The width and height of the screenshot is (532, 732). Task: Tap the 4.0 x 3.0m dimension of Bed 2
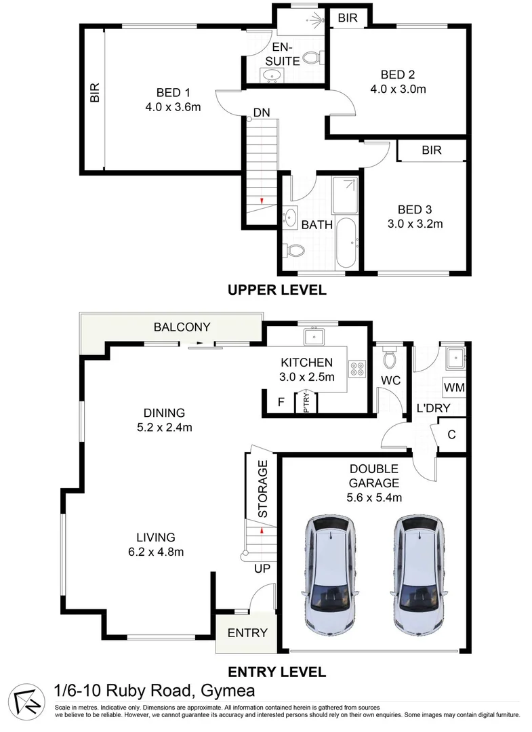tap(398, 89)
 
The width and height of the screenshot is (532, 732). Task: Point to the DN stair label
tap(263, 112)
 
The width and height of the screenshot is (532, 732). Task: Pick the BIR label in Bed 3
tap(432, 150)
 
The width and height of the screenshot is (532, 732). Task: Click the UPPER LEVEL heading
tap(277, 290)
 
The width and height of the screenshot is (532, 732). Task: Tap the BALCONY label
tap(182, 327)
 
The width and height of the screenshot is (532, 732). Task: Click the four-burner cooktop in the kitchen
tap(357, 369)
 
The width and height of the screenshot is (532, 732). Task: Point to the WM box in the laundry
tap(453, 387)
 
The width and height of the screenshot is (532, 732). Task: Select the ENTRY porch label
tap(247, 633)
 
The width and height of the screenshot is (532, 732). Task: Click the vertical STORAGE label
tap(263, 489)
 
